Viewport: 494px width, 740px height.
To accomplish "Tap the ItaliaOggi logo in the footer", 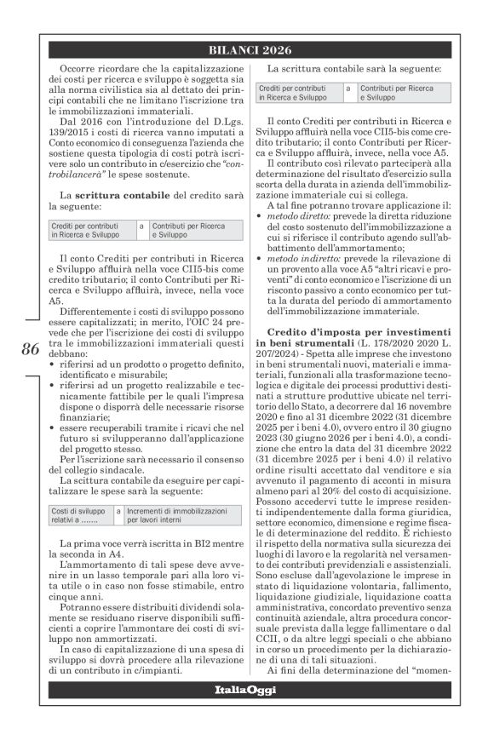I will (x=244, y=688).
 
